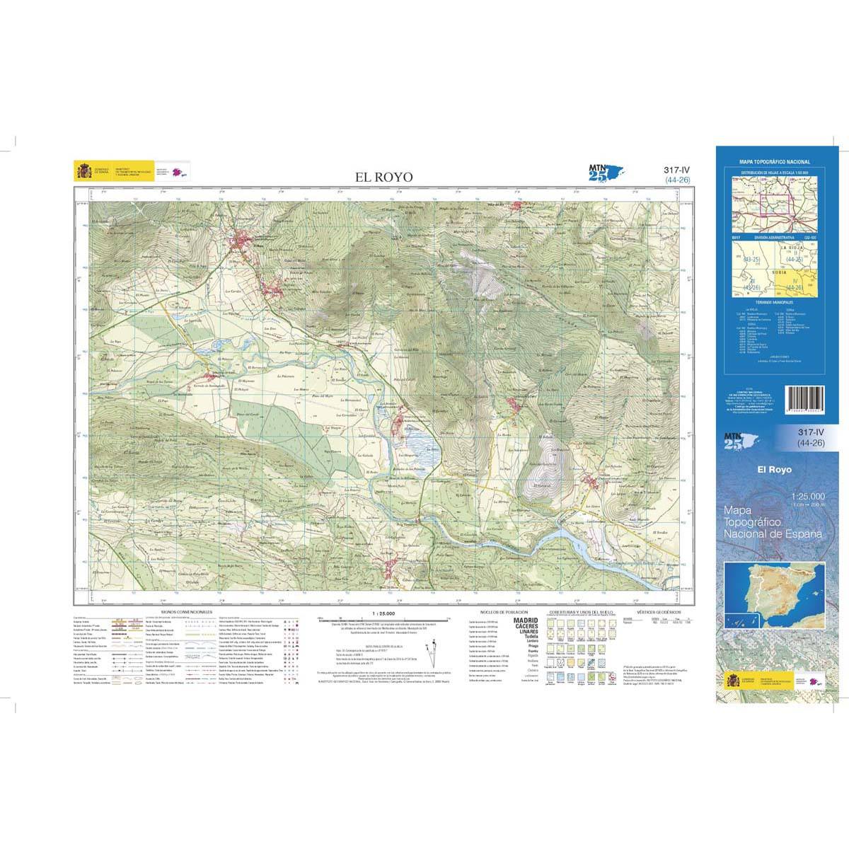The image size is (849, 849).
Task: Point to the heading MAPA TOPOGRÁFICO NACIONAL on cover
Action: point(774,163)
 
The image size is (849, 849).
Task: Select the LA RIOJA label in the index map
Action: point(792,248)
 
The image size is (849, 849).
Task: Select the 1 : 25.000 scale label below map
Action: point(383,613)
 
